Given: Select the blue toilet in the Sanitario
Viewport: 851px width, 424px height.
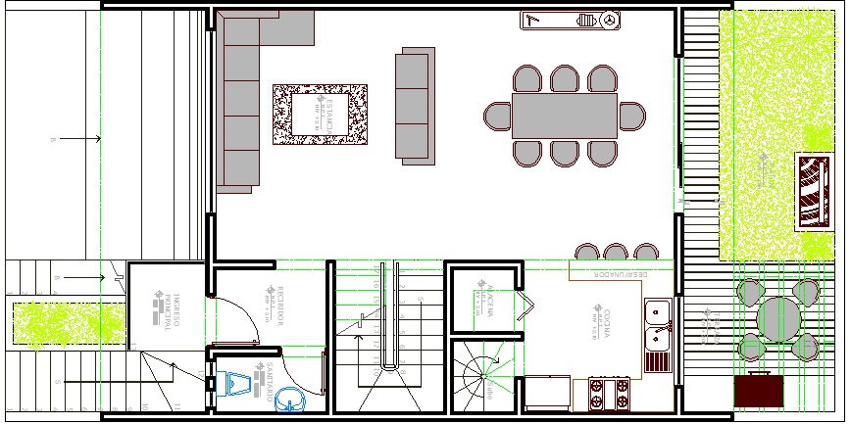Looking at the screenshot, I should click(235, 383).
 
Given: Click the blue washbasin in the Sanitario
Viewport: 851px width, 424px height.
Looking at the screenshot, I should click(290, 398).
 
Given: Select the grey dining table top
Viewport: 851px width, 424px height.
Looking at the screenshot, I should click(564, 116).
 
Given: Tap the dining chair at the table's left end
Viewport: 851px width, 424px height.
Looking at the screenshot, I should click(498, 115).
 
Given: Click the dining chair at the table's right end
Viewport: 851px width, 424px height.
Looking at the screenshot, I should click(631, 116).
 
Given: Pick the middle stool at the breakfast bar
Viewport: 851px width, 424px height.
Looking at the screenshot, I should click(615, 252).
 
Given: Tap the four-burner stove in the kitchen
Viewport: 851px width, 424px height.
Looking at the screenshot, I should click(609, 395).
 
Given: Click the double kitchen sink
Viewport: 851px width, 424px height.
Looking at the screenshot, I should click(658, 326).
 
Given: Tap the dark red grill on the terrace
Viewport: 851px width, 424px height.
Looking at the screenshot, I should click(759, 390).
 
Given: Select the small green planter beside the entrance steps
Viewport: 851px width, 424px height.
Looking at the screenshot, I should click(69, 324).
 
